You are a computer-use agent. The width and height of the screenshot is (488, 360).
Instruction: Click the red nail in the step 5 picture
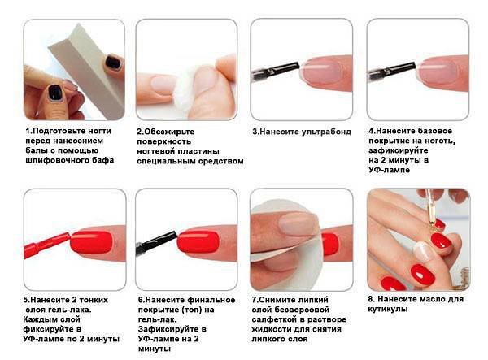click(91, 241)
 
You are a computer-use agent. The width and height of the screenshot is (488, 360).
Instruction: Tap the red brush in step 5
click(46, 245)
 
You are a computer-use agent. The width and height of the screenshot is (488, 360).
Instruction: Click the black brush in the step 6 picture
click(156, 241)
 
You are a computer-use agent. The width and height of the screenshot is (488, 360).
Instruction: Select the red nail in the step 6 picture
click(198, 241)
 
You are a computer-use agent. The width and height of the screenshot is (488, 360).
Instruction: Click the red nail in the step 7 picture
click(330, 244)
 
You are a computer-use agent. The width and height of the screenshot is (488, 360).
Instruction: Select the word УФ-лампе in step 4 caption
click(389, 170)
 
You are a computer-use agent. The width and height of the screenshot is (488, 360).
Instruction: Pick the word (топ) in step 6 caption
click(194, 310)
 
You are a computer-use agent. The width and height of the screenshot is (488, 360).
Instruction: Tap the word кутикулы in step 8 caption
click(388, 310)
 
